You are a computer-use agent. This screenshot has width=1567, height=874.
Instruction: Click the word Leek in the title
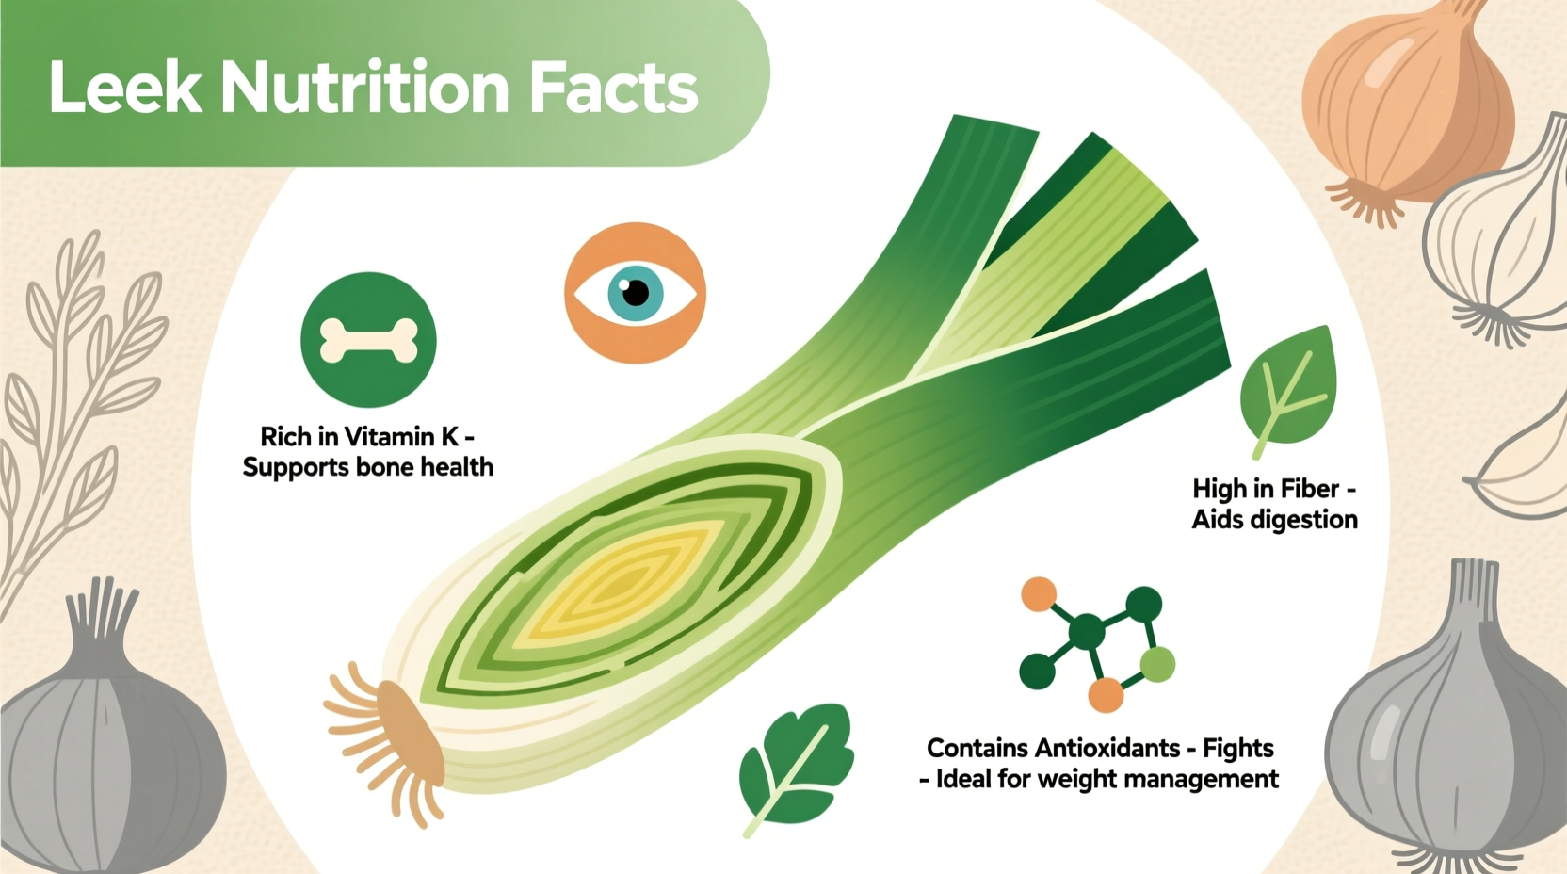point(125,89)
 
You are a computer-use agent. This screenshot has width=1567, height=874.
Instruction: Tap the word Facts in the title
point(612,89)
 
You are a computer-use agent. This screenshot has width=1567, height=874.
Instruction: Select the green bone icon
point(368,340)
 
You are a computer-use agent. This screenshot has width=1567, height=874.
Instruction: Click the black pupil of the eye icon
point(636,292)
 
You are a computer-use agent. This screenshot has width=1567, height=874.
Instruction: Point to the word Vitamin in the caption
point(390,437)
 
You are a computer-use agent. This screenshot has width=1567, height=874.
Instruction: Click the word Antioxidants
point(1107,748)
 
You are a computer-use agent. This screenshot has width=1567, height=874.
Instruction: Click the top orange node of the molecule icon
point(1039,595)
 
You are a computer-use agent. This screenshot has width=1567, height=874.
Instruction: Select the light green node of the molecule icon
point(1157,665)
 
